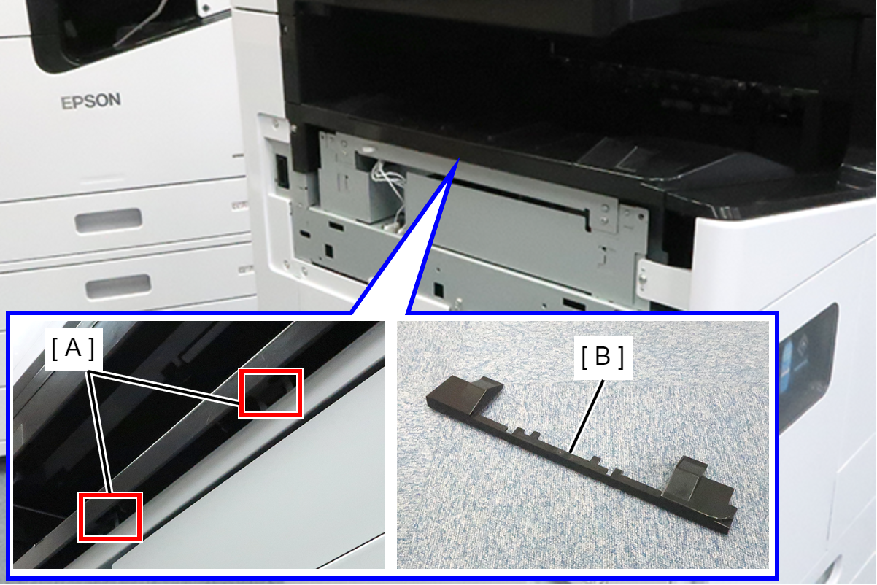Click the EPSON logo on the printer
coord(90,101)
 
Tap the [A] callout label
coord(73,349)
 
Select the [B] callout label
coord(603,357)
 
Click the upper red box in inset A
coord(271,393)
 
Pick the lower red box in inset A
coord(110,517)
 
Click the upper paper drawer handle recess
coord(109,221)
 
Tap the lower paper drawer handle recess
coord(118,286)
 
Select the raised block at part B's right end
coord(701,489)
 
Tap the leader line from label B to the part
coord(587,417)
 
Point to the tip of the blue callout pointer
coord(458,159)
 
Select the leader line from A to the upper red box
coord(163,387)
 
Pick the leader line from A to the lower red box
coord(100,431)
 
